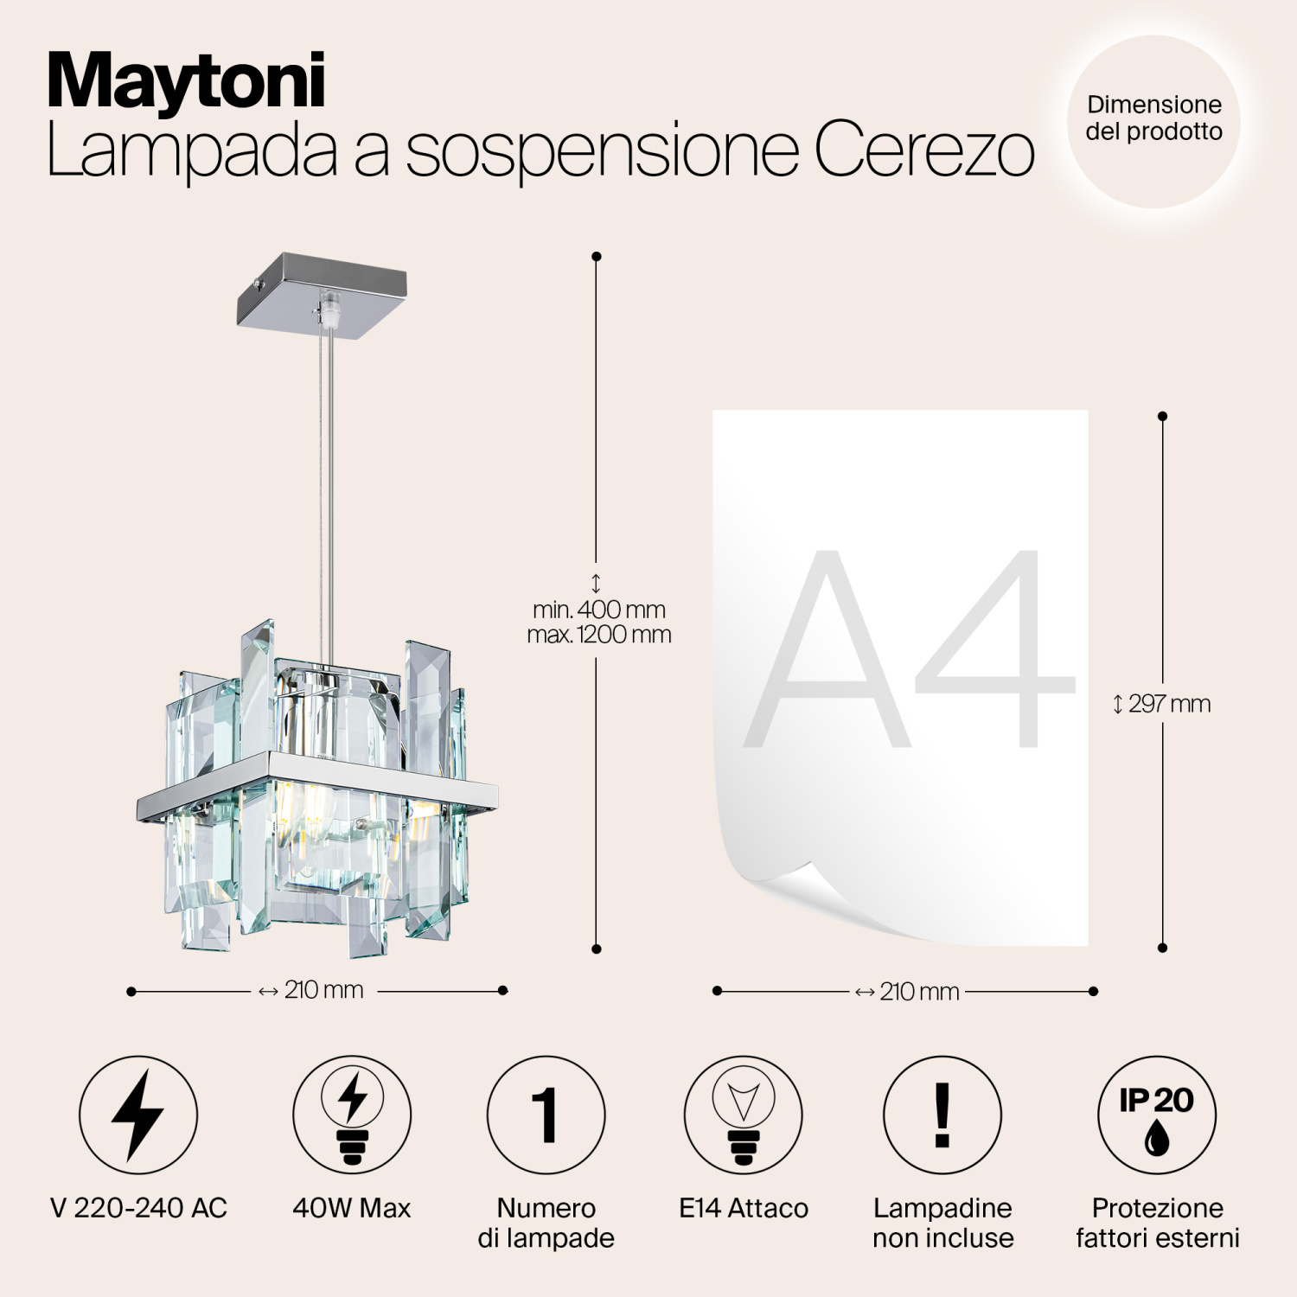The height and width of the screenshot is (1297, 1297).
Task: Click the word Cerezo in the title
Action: (923, 150)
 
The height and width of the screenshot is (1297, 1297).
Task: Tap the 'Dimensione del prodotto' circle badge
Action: (1153, 121)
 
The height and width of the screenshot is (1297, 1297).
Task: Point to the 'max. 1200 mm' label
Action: (599, 635)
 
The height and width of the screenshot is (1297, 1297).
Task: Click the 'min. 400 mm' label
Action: (599, 610)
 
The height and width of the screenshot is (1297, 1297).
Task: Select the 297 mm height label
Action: (1162, 704)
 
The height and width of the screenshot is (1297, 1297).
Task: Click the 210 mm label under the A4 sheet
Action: (908, 991)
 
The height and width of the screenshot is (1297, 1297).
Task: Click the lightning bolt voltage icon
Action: (138, 1115)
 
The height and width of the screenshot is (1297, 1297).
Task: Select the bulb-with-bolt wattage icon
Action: (352, 1115)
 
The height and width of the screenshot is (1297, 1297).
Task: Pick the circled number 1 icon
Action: (546, 1115)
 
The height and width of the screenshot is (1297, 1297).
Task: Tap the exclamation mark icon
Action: (942, 1115)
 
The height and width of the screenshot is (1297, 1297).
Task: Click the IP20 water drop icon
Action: (1157, 1115)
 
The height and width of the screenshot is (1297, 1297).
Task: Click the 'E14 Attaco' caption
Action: (743, 1208)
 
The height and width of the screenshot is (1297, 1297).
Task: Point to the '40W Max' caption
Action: (352, 1208)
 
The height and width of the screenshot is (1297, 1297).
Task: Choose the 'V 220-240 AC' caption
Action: (138, 1208)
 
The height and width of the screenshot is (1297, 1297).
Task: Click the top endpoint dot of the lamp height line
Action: (596, 257)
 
